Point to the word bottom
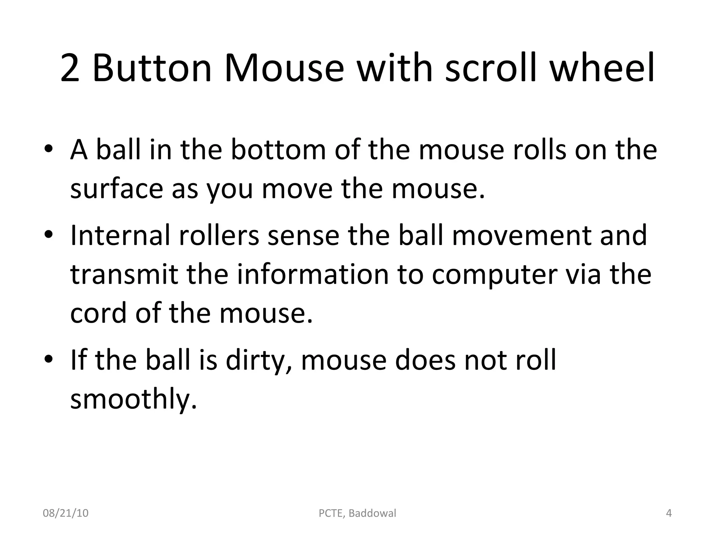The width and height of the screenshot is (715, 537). coord(278,150)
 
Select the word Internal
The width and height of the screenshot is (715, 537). coord(120,235)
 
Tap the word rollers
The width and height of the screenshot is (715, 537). coord(219,235)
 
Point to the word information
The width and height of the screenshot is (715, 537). coord(313,274)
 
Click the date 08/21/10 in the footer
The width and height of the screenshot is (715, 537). coord(66,513)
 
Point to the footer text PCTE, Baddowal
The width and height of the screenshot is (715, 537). coord(357,513)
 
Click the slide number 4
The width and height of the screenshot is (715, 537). coord(669,513)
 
